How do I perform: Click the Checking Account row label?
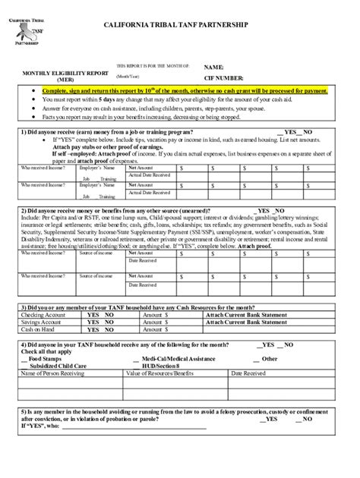[44, 313]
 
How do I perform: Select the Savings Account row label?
[43, 322]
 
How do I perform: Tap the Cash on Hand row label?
[38, 330]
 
